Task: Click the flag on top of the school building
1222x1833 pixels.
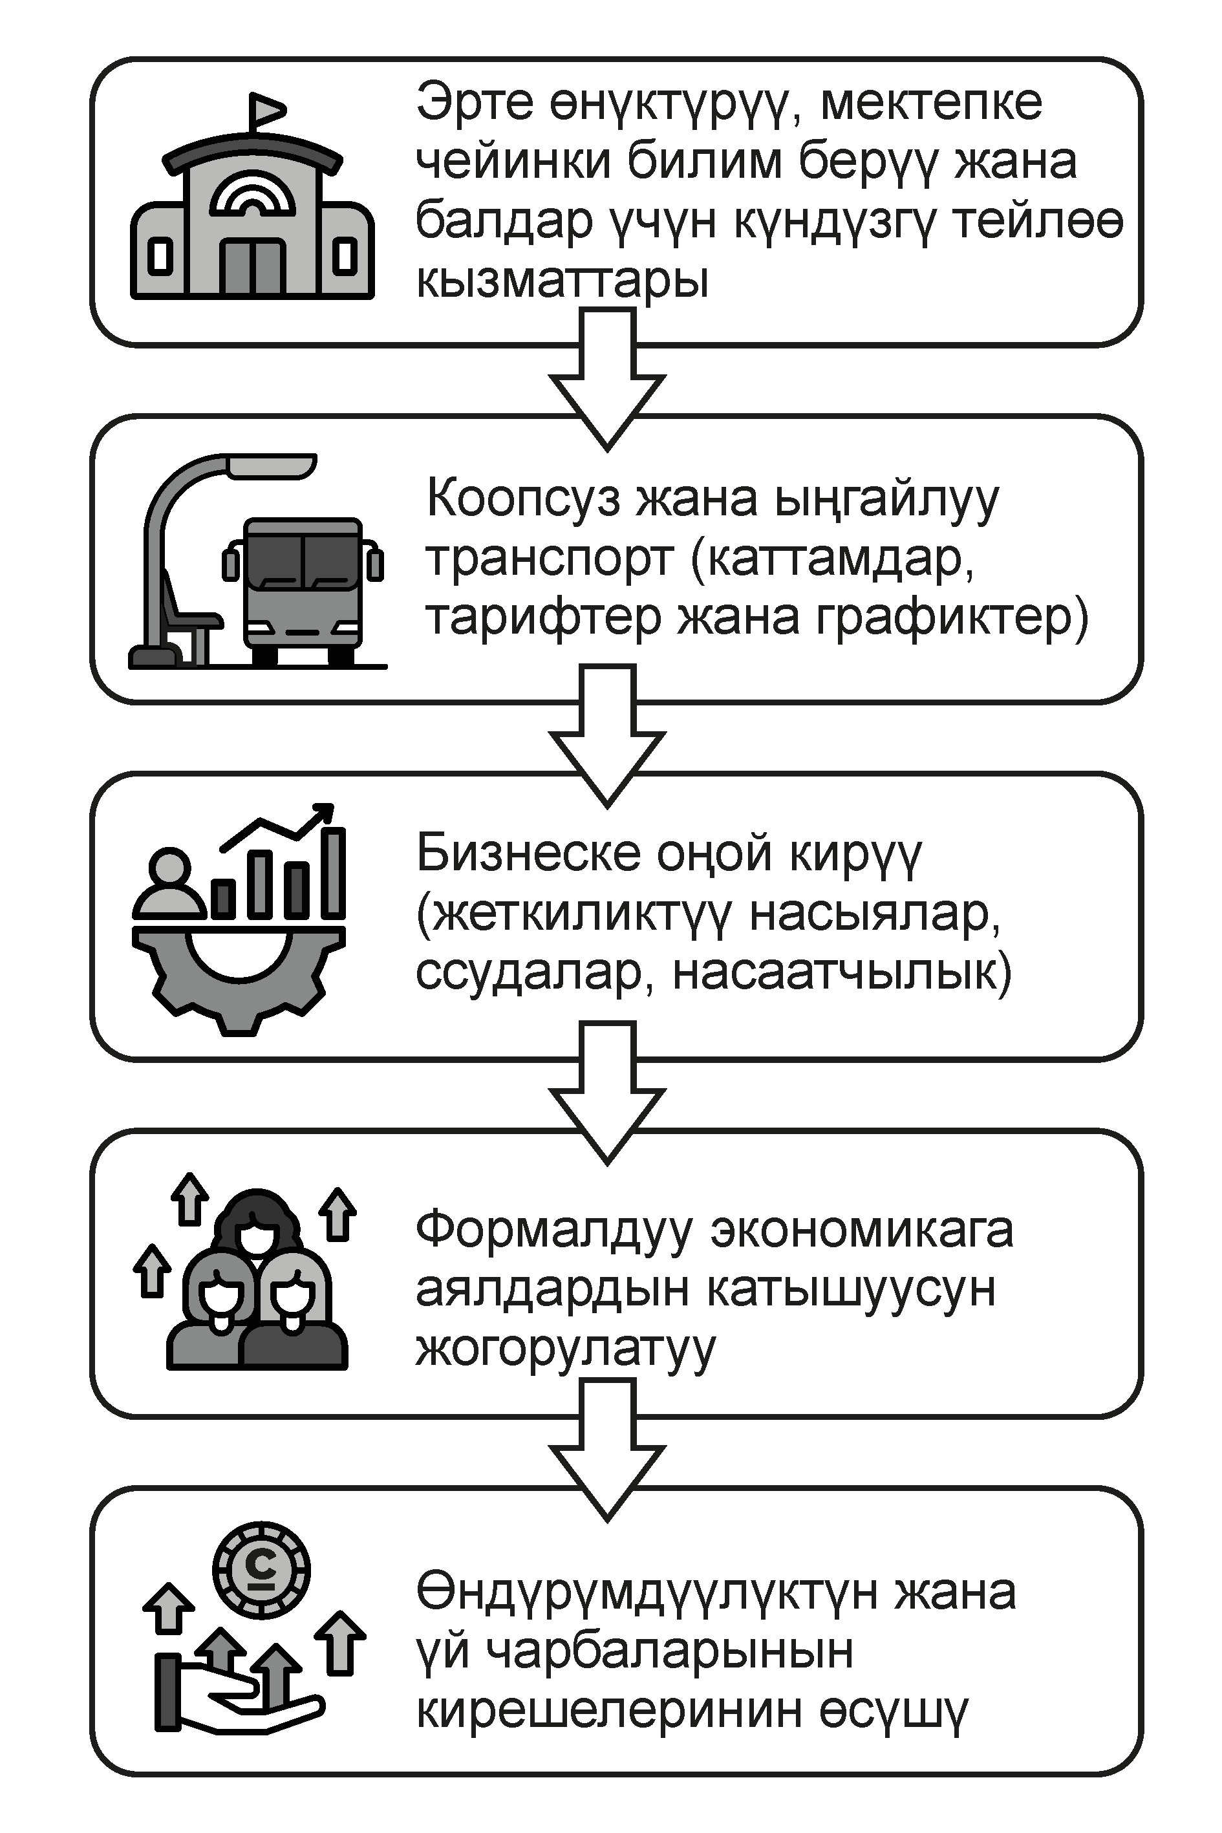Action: coord(265,110)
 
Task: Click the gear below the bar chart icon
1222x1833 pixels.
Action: coord(238,978)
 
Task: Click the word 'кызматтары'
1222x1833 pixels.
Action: coord(562,280)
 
